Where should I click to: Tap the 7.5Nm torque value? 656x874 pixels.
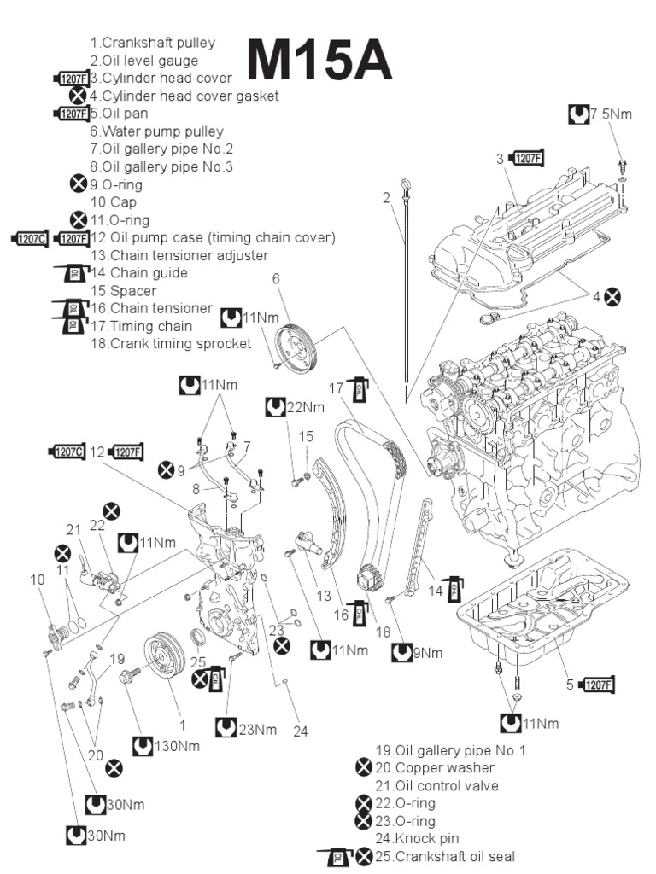[x=612, y=115]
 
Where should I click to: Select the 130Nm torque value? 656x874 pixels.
[x=178, y=746]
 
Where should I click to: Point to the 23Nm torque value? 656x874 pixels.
[x=257, y=729]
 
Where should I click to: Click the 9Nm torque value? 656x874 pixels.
[x=429, y=654]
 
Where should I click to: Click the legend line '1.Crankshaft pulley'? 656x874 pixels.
[x=152, y=43]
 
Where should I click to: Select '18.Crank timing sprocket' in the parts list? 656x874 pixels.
[x=170, y=343]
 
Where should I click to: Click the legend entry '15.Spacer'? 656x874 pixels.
[x=122, y=290]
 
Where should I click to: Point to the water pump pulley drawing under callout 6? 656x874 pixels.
[x=295, y=347]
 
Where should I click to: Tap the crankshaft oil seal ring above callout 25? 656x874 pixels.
[x=196, y=638]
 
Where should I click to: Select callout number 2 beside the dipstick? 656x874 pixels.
[x=386, y=198]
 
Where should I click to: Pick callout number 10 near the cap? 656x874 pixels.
[x=37, y=580]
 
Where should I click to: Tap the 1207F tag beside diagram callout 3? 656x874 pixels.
[x=526, y=158]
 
